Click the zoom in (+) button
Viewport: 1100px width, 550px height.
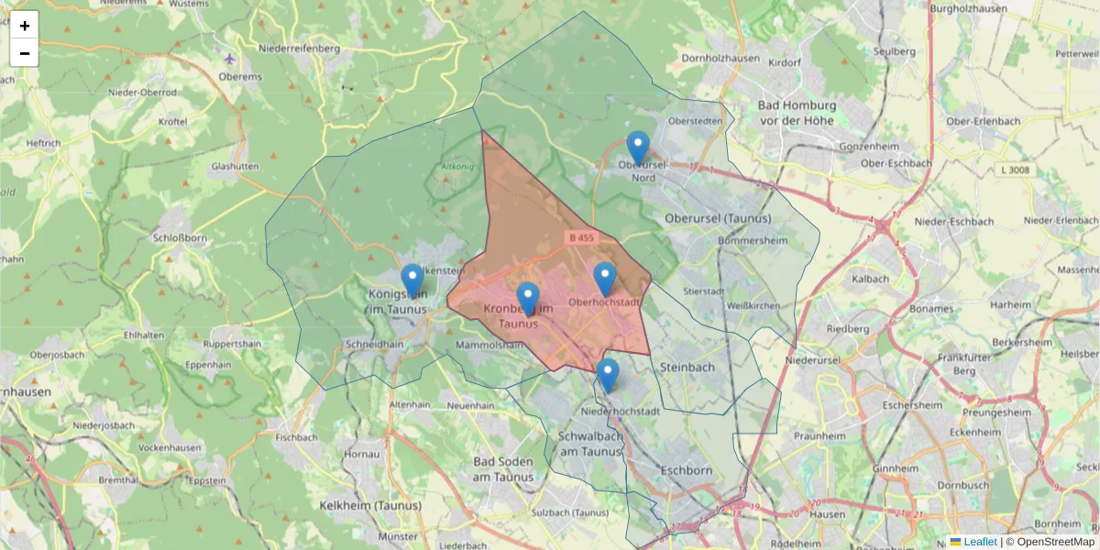(25, 26)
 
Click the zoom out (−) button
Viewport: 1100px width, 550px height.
(25, 53)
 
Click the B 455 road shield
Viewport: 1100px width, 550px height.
(581, 237)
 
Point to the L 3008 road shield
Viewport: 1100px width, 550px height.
(1016, 170)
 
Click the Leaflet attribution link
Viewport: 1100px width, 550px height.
(980, 542)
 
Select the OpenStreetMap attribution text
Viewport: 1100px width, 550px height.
(1055, 542)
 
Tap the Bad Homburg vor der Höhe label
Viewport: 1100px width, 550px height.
(795, 113)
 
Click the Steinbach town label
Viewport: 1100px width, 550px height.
(687, 368)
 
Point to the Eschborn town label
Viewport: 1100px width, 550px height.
(686, 470)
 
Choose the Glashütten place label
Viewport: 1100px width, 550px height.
(235, 166)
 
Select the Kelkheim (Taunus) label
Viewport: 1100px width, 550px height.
(370, 505)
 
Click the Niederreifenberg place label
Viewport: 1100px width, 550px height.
(299, 48)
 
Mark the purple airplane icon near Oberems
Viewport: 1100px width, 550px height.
(229, 59)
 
